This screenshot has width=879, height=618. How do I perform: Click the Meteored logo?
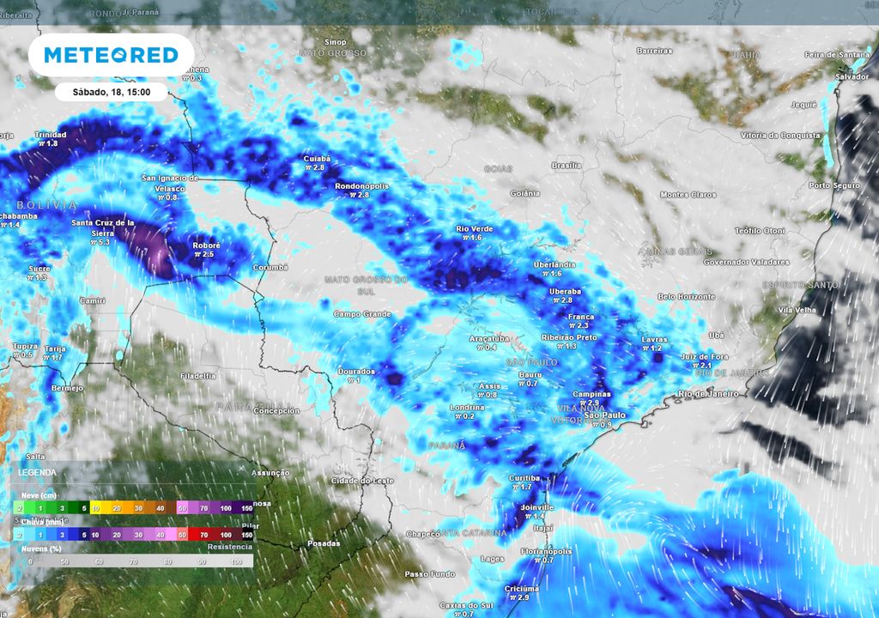[111, 55]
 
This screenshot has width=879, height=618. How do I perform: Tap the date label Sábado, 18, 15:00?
[111, 92]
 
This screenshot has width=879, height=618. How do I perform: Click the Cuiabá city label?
[318, 159]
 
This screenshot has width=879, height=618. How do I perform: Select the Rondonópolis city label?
[361, 185]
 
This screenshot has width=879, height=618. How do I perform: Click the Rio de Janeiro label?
[707, 394]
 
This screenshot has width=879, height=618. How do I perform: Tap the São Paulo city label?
[604, 415]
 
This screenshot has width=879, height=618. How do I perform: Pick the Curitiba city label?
[524, 477]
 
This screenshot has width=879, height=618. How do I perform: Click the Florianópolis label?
[547, 551]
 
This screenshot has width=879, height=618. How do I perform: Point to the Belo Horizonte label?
[686, 296]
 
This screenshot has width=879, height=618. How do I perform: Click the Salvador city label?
[852, 76]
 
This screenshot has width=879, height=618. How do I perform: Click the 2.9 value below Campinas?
[593, 403]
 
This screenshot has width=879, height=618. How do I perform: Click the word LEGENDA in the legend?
[38, 472]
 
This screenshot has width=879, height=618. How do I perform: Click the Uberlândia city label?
[554, 264]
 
